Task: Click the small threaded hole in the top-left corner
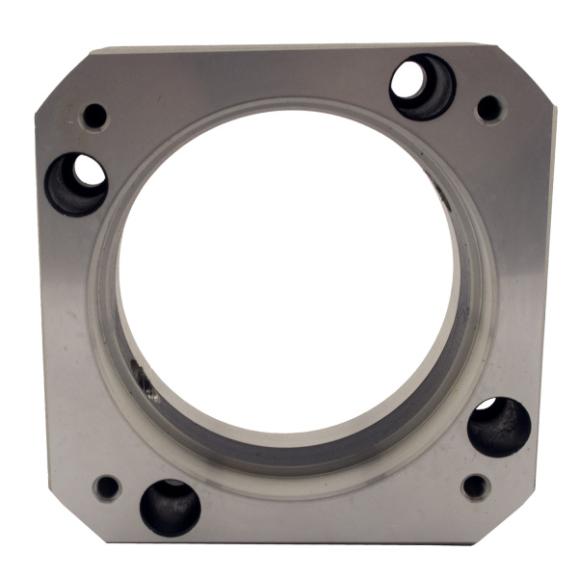(95, 117)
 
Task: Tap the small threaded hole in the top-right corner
(489, 108)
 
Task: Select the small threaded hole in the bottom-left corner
(107, 486)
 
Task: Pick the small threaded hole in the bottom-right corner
(474, 486)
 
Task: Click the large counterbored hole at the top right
(423, 87)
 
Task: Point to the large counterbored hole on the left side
(76, 183)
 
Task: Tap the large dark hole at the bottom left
(171, 507)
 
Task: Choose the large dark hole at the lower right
(499, 427)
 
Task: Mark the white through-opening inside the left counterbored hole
(89, 171)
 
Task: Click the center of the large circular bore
(287, 270)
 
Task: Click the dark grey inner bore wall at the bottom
(289, 445)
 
